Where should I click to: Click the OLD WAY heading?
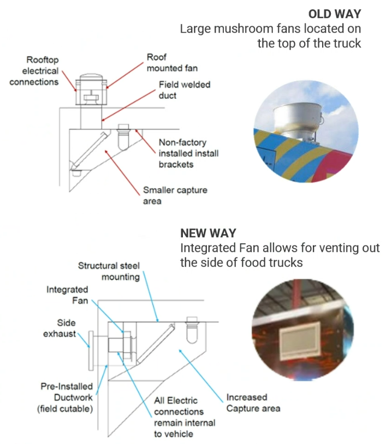334,14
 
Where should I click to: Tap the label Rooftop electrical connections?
40,70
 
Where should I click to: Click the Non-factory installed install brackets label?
188,153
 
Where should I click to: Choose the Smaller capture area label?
175,196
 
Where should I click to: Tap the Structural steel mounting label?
109,271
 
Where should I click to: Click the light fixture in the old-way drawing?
124,139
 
